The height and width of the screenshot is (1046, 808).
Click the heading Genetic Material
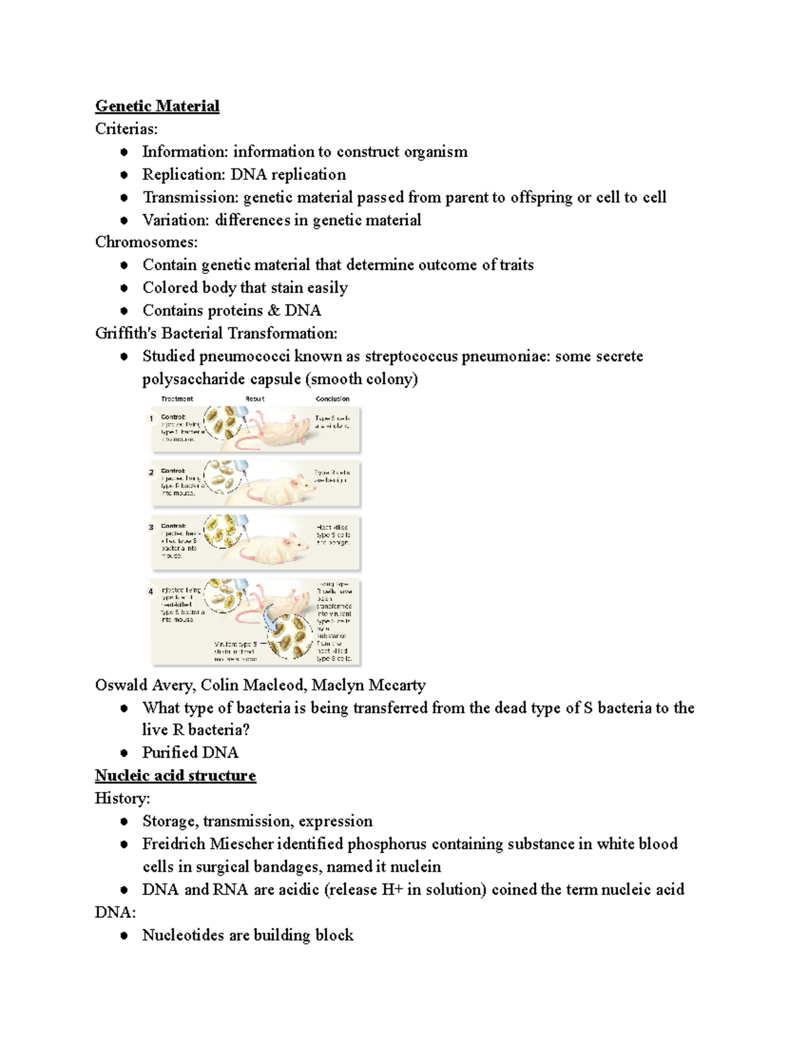coord(157,106)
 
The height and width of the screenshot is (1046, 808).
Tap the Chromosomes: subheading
coord(146,242)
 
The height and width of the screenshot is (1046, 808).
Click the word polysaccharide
coord(188,379)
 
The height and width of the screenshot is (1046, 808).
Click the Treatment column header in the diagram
coord(177,399)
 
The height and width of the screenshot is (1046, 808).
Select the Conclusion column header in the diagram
coord(332,399)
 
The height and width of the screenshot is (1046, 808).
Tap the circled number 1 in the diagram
coord(151,418)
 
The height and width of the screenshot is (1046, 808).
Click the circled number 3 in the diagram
coord(151,527)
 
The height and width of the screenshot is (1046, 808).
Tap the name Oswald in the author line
coord(121,685)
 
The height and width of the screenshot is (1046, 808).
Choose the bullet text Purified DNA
coord(190,752)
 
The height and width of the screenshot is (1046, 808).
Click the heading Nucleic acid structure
coord(175,775)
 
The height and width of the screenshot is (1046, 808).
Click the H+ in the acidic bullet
coord(392,890)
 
